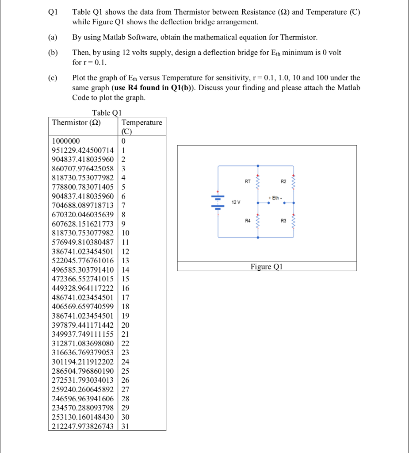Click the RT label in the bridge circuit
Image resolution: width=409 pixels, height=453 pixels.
(x=247, y=181)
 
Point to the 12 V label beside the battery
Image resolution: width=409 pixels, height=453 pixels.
(x=236, y=202)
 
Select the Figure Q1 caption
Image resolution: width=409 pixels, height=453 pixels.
(x=266, y=267)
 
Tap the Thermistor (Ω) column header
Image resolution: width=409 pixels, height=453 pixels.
(x=76, y=122)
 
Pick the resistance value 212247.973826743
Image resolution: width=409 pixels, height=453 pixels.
(x=83, y=426)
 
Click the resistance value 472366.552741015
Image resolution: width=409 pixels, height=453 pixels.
(x=83, y=279)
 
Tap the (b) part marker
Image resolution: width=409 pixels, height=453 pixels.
(x=53, y=53)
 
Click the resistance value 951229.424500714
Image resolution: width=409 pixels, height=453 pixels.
(x=83, y=150)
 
